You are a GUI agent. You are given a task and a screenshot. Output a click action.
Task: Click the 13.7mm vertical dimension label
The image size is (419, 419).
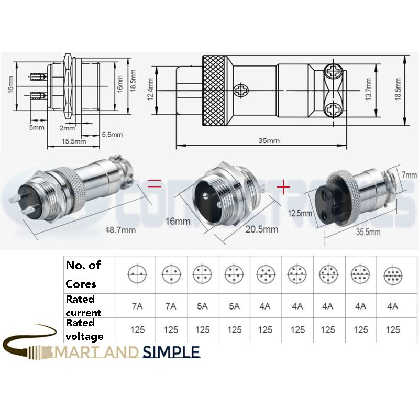coord(368,89)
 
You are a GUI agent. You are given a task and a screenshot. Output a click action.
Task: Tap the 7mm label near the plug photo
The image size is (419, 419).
coord(410,175)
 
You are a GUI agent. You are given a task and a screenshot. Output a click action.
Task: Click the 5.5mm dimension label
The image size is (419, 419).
coord(112,135)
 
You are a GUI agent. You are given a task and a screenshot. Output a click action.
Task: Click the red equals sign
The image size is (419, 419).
coord(153,183)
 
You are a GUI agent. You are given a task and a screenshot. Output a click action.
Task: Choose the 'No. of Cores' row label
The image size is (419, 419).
coord(83,275)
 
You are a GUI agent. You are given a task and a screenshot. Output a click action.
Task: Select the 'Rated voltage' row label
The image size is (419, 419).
coord(84,329)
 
